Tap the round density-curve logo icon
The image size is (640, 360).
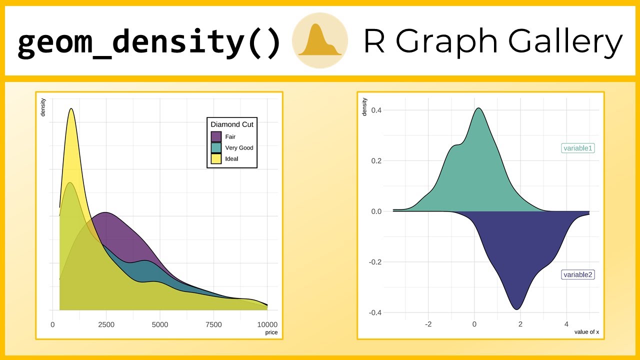[320, 40]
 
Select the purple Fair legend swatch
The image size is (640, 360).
[216, 136]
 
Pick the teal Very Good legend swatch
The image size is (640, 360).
[216, 148]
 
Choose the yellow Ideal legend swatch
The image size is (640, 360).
[216, 159]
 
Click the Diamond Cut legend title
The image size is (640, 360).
[232, 124]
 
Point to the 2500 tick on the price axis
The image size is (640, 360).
[106, 324]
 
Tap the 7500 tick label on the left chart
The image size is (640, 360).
[213, 324]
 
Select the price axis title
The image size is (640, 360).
[271, 332]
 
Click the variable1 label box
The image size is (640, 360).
[578, 148]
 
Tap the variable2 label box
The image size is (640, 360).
[578, 274]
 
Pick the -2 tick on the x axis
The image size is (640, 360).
[428, 324]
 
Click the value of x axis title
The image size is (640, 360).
[586, 332]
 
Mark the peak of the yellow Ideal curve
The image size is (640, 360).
[71, 108]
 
